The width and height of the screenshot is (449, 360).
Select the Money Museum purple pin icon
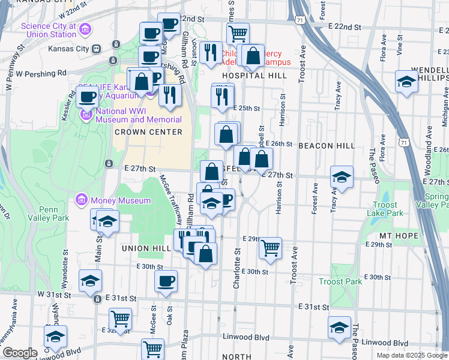(81, 199)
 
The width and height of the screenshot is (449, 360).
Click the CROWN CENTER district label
(148, 132)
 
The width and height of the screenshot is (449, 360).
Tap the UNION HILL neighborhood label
(143, 248)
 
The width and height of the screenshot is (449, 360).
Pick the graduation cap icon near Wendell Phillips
(406, 82)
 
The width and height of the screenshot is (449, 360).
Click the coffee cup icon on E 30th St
(166, 280)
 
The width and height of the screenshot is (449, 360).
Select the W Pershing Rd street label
(41, 73)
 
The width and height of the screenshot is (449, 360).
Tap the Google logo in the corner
(19, 353)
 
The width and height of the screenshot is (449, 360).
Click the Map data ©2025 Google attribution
(411, 355)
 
